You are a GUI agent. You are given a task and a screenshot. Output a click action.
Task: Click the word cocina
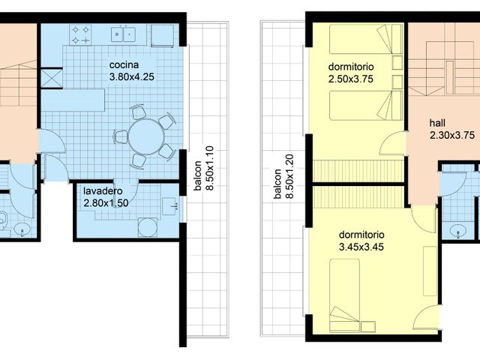pos(124,65)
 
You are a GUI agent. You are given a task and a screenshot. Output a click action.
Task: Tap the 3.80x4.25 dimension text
pos(132,76)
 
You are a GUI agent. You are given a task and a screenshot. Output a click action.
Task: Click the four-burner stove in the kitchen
pos(81,35)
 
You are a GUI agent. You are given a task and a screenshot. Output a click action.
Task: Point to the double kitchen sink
pos(124,34)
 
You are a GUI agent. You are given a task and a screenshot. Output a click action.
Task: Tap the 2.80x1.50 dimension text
pos(106,203)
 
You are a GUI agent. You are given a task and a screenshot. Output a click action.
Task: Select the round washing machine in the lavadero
pos(148,226)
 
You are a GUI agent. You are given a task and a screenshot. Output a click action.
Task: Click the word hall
pos(437,123)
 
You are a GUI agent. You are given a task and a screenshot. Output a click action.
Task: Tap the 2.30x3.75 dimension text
pos(452,135)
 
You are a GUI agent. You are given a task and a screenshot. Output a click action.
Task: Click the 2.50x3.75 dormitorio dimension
pos(351,79)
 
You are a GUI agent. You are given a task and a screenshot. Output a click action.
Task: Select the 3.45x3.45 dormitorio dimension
pos(361,247)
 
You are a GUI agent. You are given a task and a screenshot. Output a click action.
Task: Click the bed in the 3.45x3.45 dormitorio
pos(344,295)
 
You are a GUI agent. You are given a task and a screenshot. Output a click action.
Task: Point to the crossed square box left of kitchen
pos(52,78)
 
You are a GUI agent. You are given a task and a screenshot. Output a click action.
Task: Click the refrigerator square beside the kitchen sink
pos(163,36)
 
